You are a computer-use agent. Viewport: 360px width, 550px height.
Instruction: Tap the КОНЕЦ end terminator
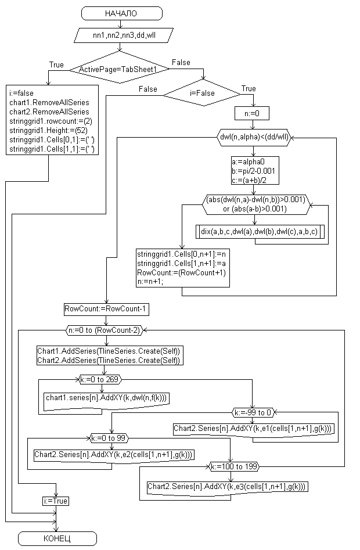[x=57, y=538]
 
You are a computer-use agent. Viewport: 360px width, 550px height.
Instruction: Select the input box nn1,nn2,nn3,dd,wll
[x=123, y=35]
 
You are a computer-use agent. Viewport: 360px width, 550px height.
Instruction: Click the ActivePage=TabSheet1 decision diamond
[x=118, y=69]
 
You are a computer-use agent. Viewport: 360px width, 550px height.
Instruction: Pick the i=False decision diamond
[x=202, y=93]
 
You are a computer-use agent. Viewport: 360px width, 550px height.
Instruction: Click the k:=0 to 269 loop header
[x=105, y=380]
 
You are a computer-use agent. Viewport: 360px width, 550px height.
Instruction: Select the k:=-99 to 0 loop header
[x=253, y=412]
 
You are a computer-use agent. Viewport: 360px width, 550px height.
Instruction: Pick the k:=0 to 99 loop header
[x=109, y=437]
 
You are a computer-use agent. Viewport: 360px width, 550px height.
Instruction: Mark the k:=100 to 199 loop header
[x=235, y=466]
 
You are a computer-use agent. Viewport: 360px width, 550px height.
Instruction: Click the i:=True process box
[x=56, y=501]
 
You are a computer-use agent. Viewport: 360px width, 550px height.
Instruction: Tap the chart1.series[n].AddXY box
[x=107, y=398]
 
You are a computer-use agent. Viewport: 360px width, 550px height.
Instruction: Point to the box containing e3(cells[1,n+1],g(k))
[x=227, y=486]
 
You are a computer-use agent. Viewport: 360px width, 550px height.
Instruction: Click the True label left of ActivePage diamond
[x=56, y=64]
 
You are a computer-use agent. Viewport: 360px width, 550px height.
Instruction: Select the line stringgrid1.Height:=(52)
[x=48, y=131]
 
